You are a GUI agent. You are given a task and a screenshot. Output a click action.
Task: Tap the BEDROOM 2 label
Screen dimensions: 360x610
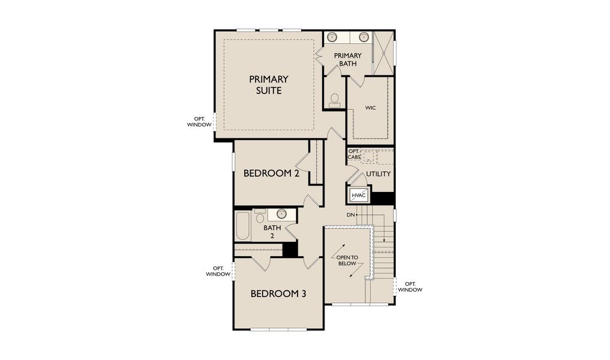pos(271,173)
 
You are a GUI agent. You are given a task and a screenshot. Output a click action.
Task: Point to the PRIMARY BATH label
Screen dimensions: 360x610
pos(347,59)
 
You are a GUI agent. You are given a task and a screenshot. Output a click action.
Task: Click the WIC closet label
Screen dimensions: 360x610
pos(370,109)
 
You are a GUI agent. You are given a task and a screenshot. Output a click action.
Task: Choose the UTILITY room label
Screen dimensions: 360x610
pos(378,174)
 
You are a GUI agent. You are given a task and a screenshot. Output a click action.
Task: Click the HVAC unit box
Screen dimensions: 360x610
pos(359,195)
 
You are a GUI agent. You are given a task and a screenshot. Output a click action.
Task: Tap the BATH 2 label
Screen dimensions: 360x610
pos(272,232)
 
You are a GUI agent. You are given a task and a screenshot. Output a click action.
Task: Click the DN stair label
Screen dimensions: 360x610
pos(350,214)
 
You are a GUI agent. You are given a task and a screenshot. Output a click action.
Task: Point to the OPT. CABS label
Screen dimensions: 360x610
pos(354,154)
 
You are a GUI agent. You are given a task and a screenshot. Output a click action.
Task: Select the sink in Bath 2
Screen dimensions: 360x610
pos(281,214)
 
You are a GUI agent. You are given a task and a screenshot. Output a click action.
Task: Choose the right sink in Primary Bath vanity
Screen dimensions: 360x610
pos(363,37)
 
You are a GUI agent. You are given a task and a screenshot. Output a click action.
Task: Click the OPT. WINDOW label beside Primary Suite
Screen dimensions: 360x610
pos(199,122)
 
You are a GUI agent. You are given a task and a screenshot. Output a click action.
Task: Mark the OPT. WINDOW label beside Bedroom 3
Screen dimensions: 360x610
pos(218,271)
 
